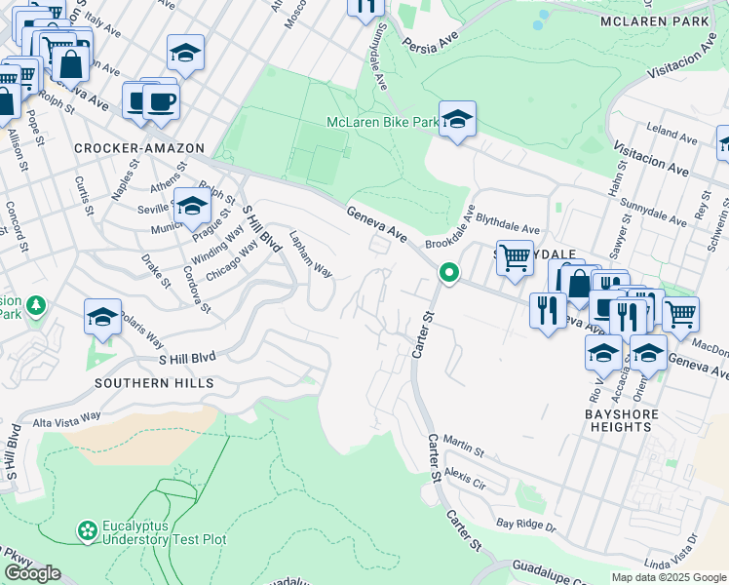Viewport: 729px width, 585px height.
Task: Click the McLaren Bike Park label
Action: [382, 123]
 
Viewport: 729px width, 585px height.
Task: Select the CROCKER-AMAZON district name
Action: [139, 147]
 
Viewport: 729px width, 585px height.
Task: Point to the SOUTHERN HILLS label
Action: [154, 383]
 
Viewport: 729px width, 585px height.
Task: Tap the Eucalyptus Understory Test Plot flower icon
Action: [88, 530]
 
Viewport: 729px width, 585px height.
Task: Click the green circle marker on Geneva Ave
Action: [449, 273]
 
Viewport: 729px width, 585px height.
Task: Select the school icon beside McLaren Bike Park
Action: [456, 120]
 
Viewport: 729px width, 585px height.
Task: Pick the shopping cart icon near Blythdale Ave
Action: [515, 258]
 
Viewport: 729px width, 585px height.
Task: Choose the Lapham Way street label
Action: [312, 254]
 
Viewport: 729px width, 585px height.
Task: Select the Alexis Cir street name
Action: [464, 478]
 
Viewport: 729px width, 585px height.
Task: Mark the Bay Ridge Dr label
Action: [524, 526]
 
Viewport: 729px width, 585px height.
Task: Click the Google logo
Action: [32, 573]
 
